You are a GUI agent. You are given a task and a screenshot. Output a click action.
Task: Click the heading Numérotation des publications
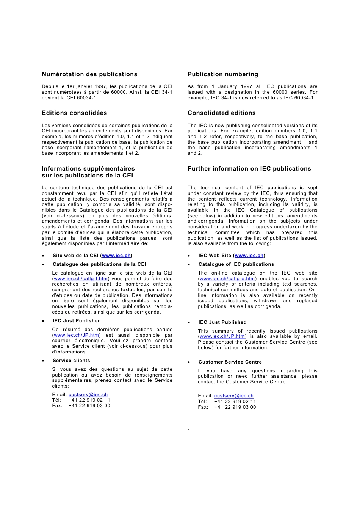[89, 74]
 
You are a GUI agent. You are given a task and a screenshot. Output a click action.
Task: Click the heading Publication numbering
[222, 74]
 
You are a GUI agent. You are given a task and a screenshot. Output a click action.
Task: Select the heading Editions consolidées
[74, 113]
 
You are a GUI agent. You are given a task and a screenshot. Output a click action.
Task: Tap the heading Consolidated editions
[221, 113]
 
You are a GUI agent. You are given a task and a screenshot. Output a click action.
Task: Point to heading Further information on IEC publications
[249, 169]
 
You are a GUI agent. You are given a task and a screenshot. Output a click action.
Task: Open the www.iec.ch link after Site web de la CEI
[116, 256]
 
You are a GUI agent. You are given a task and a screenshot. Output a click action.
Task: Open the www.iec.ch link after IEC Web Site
[249, 256]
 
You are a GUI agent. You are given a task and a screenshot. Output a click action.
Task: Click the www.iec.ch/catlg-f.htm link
[81, 279]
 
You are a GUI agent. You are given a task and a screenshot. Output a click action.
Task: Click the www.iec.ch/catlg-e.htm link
[227, 279]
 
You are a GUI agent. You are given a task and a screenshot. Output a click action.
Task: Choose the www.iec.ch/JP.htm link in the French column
[76, 335]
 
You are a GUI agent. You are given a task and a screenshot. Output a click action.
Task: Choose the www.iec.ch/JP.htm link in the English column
[222, 336]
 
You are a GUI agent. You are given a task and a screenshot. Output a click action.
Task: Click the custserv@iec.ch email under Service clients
[88, 395]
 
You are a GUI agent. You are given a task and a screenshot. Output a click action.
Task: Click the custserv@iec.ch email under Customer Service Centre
[234, 396]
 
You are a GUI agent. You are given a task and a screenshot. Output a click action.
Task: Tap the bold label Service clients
[71, 361]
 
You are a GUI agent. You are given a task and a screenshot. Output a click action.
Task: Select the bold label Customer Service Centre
[230, 362]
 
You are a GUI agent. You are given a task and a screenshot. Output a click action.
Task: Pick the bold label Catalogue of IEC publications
[236, 264]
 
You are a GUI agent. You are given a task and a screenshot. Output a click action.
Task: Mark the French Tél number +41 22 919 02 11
[89, 400]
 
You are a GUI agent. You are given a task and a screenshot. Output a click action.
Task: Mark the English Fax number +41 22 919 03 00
[235, 407]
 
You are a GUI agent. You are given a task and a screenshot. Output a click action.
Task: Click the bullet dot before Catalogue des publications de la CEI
[43, 265]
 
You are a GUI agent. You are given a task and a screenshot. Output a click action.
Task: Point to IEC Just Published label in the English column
[222, 322]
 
